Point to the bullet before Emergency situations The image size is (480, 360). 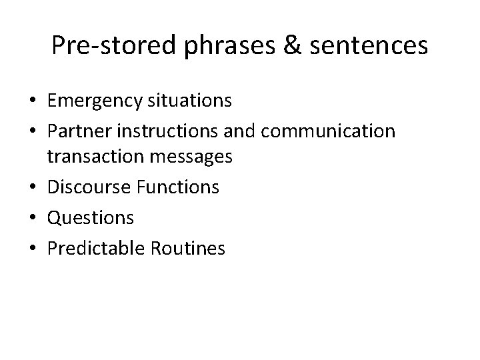(x=32, y=101)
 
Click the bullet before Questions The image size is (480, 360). (x=32, y=217)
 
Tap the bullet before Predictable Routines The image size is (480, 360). (x=32, y=249)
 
